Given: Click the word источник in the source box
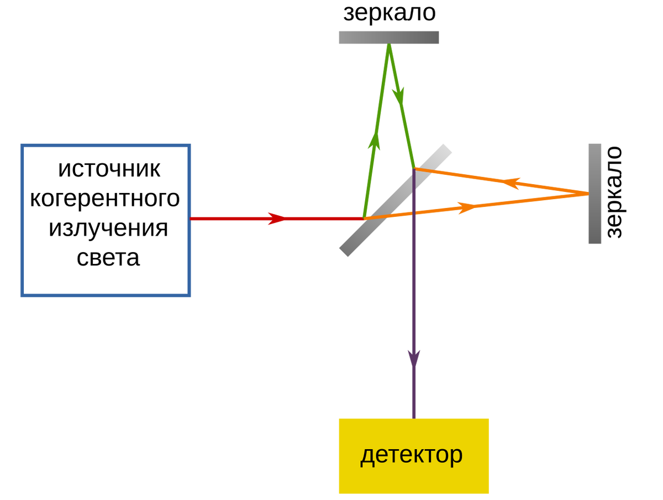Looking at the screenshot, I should pyautogui.click(x=109, y=169).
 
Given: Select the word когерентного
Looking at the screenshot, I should pyautogui.click(x=105, y=199).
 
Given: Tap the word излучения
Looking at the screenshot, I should pyautogui.click(x=108, y=228).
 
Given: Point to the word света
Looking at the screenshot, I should pyautogui.click(x=108, y=258).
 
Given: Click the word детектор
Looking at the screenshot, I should pyautogui.click(x=412, y=455).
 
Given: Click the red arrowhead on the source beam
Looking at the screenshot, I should pyautogui.click(x=276, y=218).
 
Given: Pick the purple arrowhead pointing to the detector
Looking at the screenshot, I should pyautogui.click(x=414, y=360).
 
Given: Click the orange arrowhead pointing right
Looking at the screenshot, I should pyautogui.click(x=467, y=208).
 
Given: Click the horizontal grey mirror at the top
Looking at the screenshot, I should pyautogui.click(x=389, y=38).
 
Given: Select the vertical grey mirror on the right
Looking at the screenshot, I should pyautogui.click(x=595, y=194).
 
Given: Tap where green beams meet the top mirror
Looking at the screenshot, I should pyautogui.click(x=389, y=46).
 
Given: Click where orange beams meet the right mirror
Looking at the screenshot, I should pyautogui.click(x=587, y=194).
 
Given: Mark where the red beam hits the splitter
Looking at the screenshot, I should pyautogui.click(x=364, y=218).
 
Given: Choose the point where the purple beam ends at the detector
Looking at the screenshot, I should pyautogui.click(x=414, y=416).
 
